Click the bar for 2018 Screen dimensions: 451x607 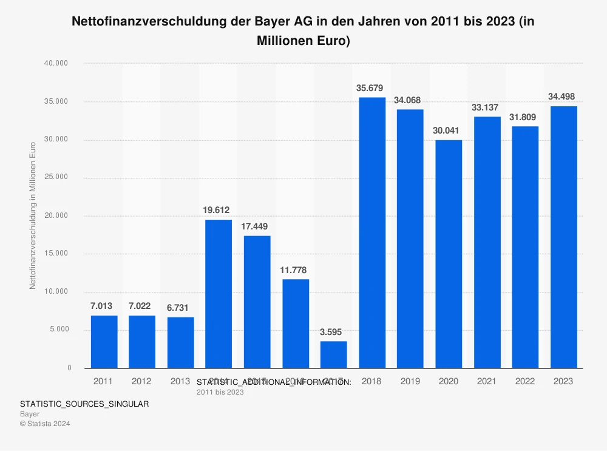pos(372,232)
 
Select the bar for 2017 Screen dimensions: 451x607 pos(334,354)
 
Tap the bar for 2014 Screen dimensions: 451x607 pos(219,294)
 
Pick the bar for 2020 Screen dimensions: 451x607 pos(449,254)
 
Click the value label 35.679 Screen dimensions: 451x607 pos(370,88)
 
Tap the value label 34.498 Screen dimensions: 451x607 pos(561,97)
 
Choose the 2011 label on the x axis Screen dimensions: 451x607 pos(104,381)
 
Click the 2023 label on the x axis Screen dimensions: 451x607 pos(563,381)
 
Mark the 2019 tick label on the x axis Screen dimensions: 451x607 pos(410,381)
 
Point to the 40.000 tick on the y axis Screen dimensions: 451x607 pos(59,63)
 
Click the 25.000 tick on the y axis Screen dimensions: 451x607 pos(59,178)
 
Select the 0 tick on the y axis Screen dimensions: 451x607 pos(69,368)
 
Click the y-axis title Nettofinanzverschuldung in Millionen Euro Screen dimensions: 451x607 pos(33,215)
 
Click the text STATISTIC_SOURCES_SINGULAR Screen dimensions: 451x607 pos(84,404)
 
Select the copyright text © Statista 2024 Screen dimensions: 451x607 pos(45,424)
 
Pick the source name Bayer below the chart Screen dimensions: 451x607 pos(30,414)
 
